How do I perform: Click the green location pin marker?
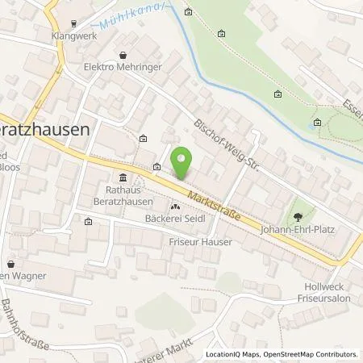click(x=183, y=163)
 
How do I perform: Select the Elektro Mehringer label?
click(x=122, y=69)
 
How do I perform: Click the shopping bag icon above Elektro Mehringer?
click(x=122, y=56)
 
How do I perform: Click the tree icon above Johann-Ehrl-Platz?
click(x=299, y=215)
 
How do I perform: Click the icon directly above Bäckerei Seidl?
click(x=175, y=207)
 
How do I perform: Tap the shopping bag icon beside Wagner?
click(x=11, y=264)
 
